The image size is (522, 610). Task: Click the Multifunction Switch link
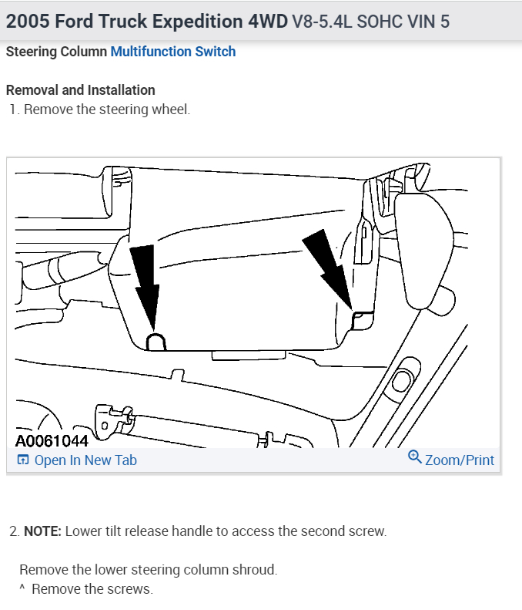click(173, 52)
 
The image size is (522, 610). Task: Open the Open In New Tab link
click(85, 460)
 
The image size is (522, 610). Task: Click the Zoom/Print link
click(460, 460)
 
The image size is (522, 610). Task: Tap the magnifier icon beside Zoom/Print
click(414, 457)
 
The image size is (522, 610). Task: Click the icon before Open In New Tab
click(23, 460)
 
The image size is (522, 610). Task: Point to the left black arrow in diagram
click(146, 285)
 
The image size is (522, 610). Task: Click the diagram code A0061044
click(52, 442)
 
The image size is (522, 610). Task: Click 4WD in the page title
click(267, 21)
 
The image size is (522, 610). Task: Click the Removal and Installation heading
click(80, 90)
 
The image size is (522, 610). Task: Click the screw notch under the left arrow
click(156, 342)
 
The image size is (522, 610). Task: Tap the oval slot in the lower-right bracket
click(401, 380)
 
